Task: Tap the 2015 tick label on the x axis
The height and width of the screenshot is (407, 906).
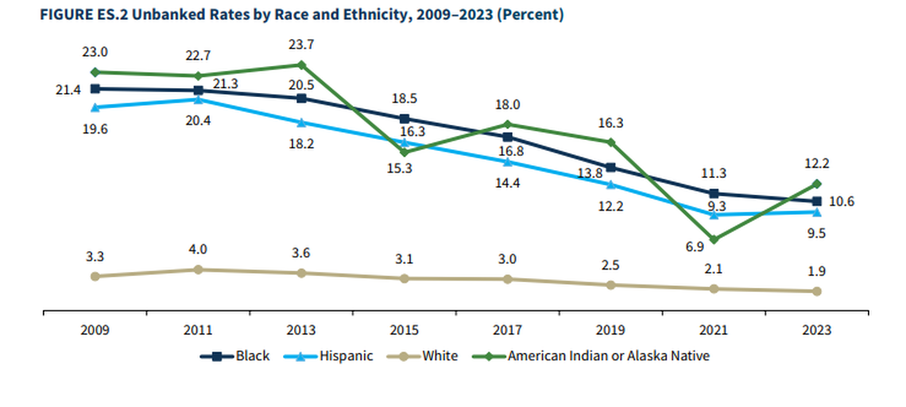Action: [404, 330]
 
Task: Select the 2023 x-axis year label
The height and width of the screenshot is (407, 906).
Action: [817, 330]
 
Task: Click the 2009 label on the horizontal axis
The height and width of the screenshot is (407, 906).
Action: [95, 330]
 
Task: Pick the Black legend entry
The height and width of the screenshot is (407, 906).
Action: [235, 356]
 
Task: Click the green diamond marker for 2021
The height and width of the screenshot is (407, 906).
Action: [714, 239]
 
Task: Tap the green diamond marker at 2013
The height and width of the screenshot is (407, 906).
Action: [301, 64]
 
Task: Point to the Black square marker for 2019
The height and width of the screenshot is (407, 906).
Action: [610, 168]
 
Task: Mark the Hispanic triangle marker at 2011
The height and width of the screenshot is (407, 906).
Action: [198, 99]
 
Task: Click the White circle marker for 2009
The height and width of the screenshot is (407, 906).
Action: [95, 276]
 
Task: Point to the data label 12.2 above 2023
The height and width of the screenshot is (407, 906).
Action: [817, 164]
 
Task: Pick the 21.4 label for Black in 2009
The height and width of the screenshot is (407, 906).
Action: [68, 90]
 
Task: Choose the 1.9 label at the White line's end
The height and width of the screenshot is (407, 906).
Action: [817, 272]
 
